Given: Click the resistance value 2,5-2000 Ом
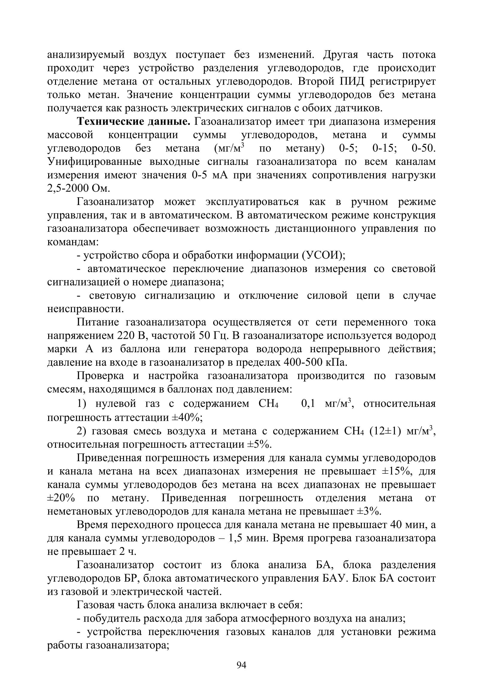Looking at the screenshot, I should [78, 189].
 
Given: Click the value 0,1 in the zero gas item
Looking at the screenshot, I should [308, 404].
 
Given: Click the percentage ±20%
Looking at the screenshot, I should [61, 498].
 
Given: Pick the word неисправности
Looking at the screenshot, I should [86, 309].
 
